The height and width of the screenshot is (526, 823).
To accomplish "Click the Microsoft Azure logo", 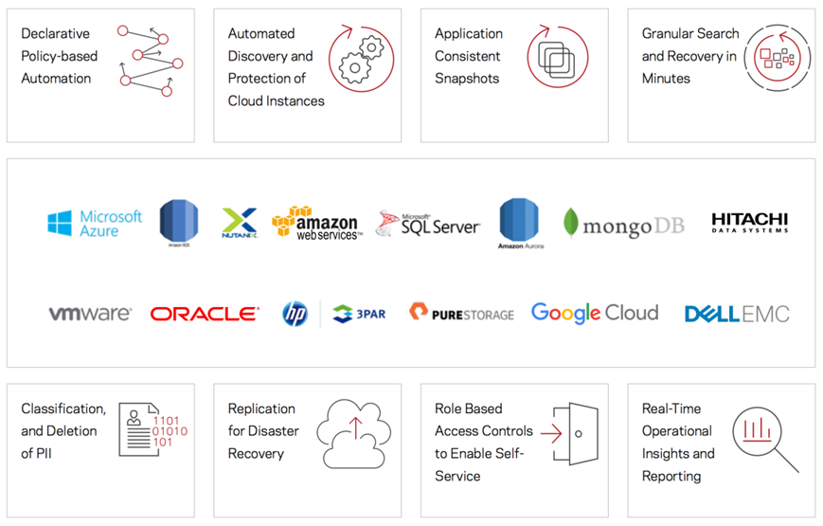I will [x=95, y=224].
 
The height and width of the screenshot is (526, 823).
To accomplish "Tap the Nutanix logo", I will [x=239, y=223].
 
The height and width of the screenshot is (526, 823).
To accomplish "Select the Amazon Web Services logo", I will [x=316, y=224].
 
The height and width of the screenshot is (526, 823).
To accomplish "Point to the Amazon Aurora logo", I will [x=518, y=224].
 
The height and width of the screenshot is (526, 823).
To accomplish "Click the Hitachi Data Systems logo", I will [x=749, y=224].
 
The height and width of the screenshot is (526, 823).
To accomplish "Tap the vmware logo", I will [x=90, y=314].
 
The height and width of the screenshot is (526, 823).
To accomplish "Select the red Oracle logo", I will [x=205, y=314].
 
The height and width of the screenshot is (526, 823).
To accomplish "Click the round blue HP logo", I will [x=295, y=314].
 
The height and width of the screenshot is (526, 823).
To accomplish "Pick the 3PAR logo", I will [x=359, y=314].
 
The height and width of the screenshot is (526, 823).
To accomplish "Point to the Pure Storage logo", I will [x=461, y=313].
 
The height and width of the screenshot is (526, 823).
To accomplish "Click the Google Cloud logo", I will [x=594, y=313].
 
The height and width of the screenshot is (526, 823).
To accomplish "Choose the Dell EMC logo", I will [x=736, y=314].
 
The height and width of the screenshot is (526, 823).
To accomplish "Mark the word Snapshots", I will [x=467, y=79].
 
